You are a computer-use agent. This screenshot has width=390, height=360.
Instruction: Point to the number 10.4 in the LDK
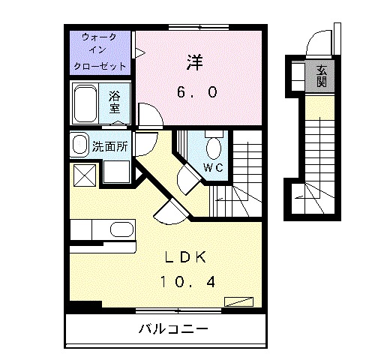click(188, 282)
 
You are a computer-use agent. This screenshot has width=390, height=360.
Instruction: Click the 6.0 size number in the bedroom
click(198, 92)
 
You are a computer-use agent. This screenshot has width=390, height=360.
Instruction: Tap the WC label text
click(214, 167)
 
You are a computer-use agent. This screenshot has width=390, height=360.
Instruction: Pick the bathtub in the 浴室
click(85, 103)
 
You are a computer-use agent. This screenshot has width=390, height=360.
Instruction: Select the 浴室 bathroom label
click(115, 102)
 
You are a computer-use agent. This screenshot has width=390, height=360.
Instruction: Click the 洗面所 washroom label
click(109, 146)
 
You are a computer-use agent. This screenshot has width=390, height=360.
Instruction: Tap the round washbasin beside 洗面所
click(79, 144)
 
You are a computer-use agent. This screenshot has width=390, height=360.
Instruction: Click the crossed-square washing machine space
click(83, 175)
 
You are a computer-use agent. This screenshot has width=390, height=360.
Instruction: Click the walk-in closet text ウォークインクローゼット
click(100, 50)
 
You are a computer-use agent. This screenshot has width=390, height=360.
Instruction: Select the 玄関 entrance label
click(320, 76)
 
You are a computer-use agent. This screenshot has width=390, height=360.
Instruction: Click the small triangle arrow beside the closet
click(139, 52)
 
